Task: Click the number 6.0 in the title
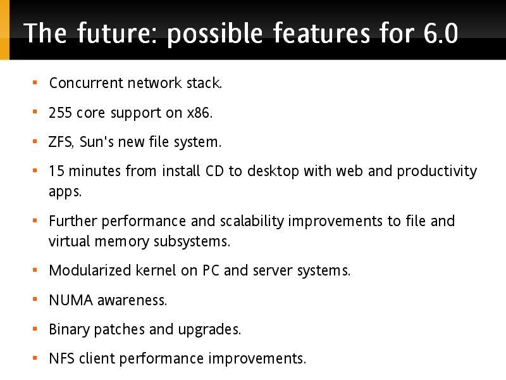(x=440, y=33)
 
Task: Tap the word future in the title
(x=118, y=33)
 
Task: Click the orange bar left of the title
(x=4, y=30)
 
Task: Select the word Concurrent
(x=87, y=83)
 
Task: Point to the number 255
(x=60, y=113)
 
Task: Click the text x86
(x=200, y=113)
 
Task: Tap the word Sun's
(x=97, y=142)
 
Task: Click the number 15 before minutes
(x=56, y=171)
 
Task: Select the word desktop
(x=273, y=172)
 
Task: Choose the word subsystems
(x=192, y=242)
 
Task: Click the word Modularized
(x=90, y=270)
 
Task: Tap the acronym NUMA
(x=71, y=300)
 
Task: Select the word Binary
(x=69, y=330)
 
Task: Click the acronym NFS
(x=61, y=358)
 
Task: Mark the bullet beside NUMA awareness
(x=35, y=300)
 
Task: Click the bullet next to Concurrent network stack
(x=35, y=82)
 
